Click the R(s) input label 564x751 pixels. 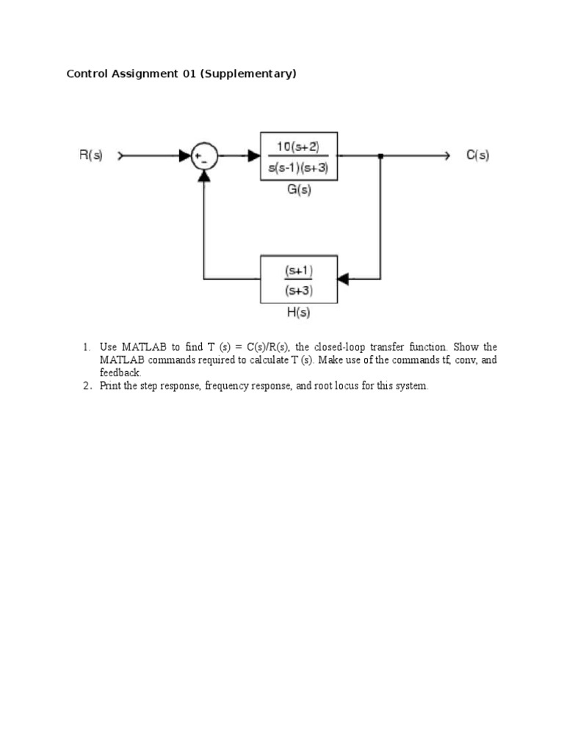(91, 155)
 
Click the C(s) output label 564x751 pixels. (477, 155)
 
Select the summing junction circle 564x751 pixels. (203, 156)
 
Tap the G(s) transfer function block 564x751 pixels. (299, 156)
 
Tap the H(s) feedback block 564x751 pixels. (299, 279)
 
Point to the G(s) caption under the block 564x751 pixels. (298, 189)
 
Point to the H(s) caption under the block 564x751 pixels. (298, 312)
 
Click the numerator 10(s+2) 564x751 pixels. (298, 146)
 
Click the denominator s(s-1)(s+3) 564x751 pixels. (298, 166)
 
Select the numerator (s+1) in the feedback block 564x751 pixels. (298, 271)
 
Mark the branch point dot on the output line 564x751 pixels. (380, 156)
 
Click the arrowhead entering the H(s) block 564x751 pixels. (343, 279)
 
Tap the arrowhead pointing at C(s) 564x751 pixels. (445, 156)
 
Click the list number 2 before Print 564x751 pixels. (85, 386)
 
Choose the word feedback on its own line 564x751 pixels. (120, 373)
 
